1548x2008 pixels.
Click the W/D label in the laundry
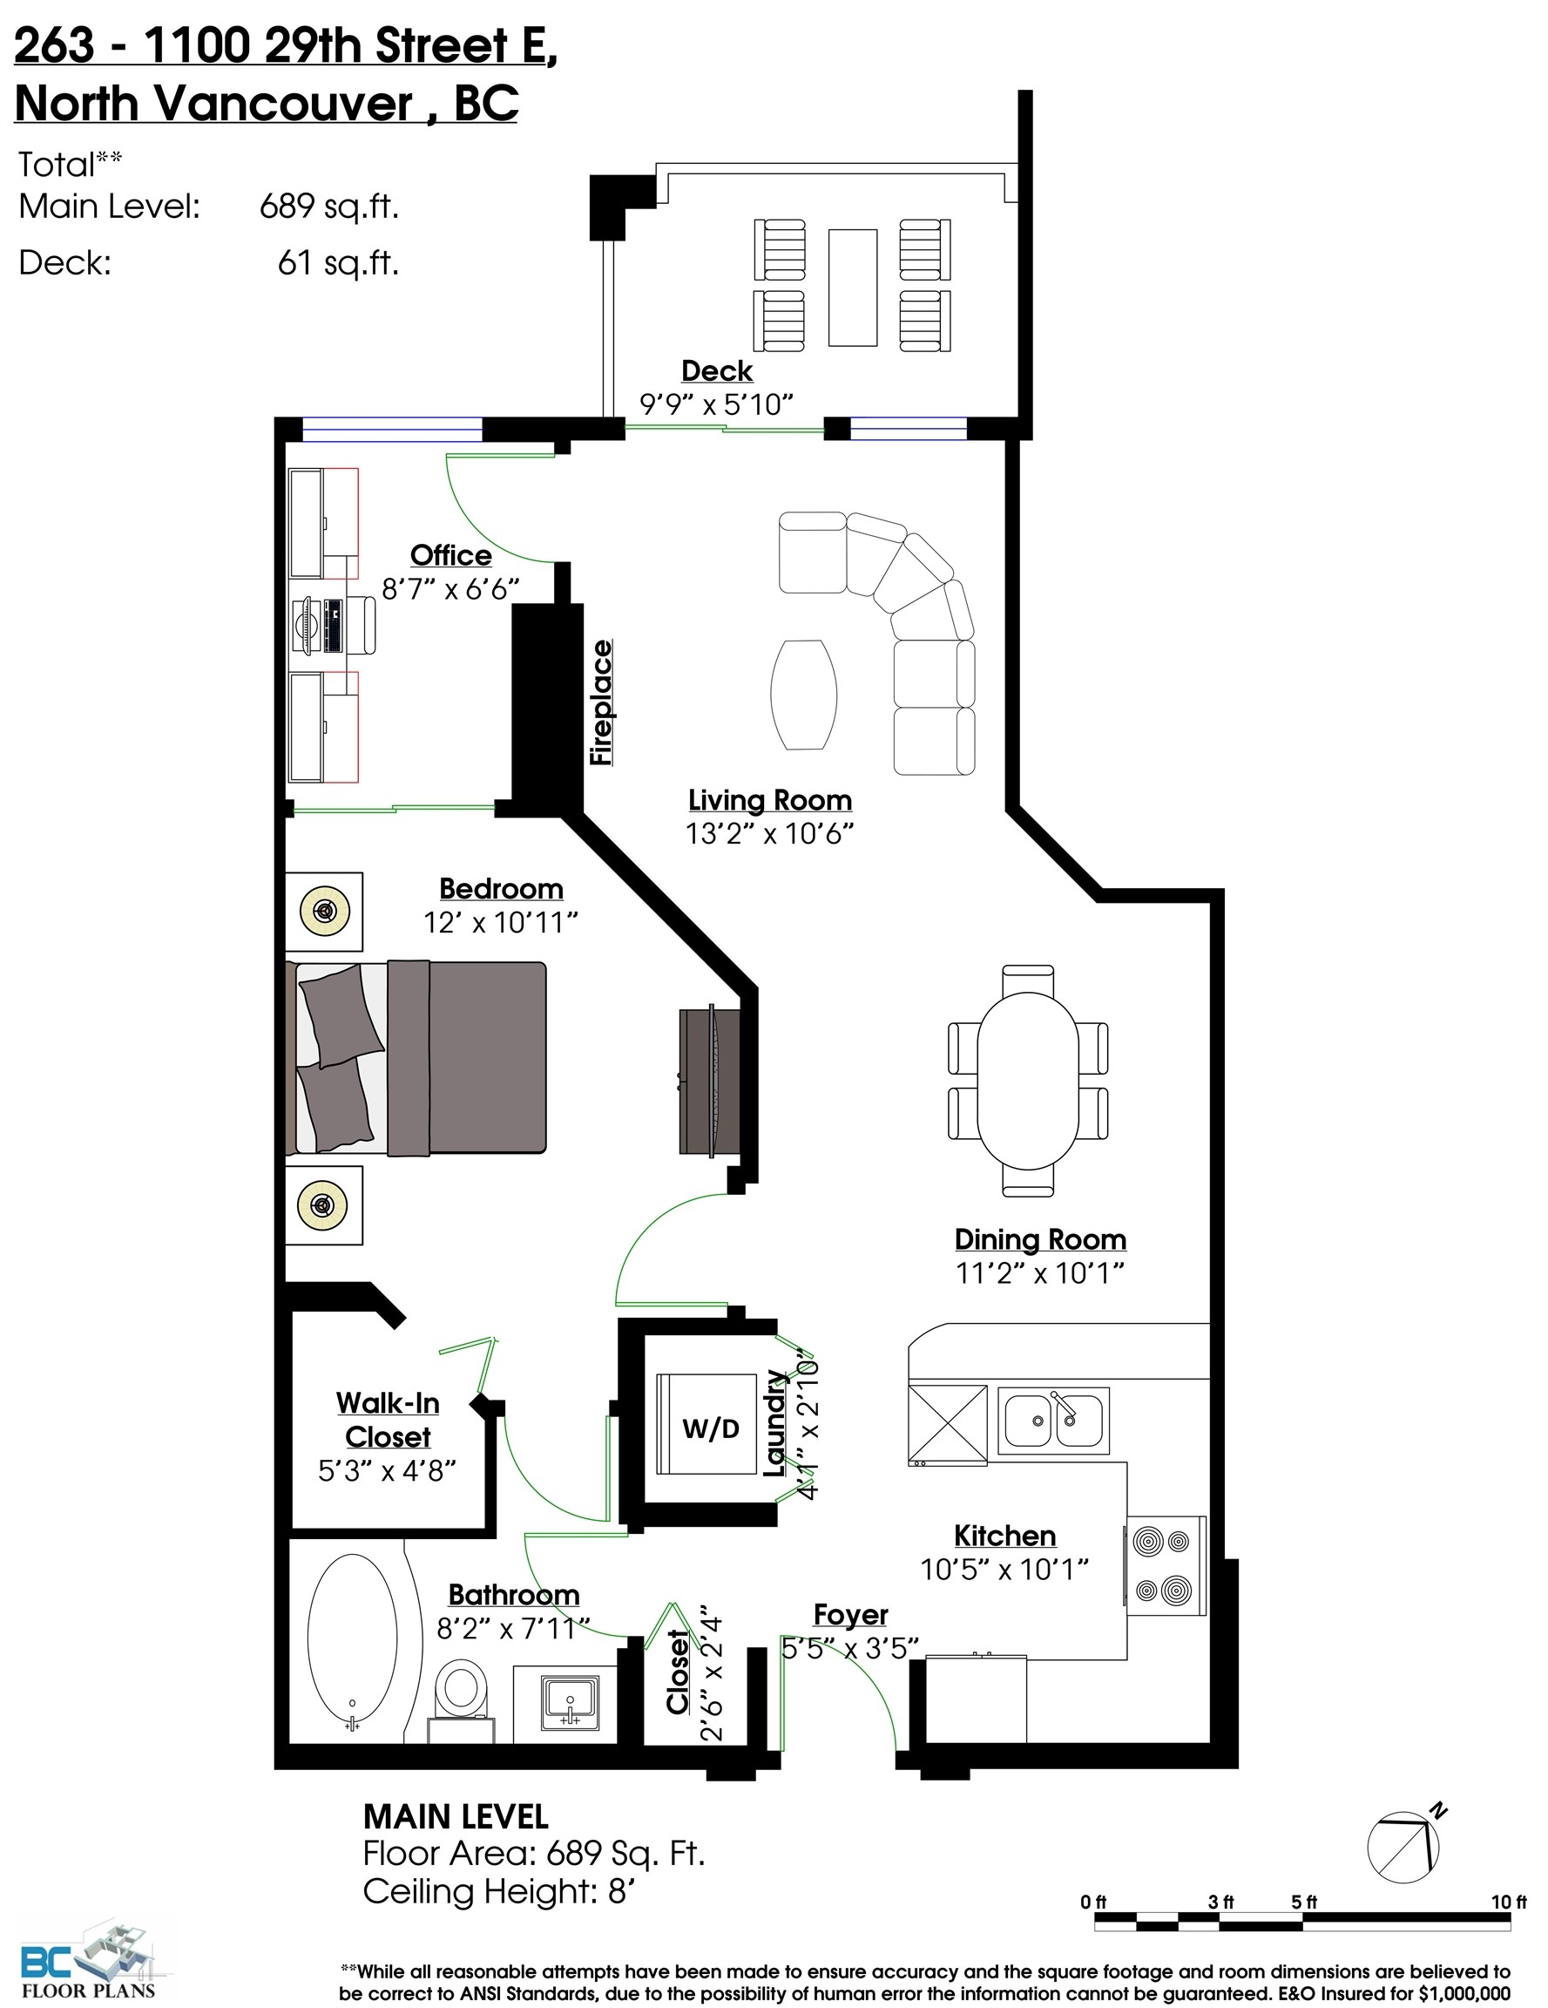pos(711,1428)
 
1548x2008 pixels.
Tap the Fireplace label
pos(601,703)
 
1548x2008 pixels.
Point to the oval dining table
pos(1028,1082)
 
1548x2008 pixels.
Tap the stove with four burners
pos(1165,1565)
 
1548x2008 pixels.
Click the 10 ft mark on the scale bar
pos(1508,1903)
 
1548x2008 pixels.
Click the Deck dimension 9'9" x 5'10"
pos(716,404)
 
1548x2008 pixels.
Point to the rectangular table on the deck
pos(852,288)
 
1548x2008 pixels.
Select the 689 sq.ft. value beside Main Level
pos(329,206)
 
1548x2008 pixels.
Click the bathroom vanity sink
pos(570,1700)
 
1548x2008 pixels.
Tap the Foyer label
pos(850,1616)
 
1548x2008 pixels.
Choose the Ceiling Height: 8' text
pos(499,1891)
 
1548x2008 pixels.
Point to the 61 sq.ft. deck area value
pos(338,263)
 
